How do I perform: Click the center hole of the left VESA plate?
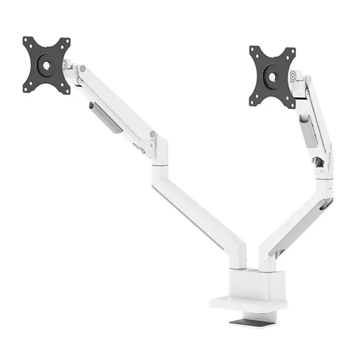coord(46,66)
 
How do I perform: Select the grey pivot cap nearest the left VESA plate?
coord(82,68)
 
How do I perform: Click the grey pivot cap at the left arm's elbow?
coord(152,135)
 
